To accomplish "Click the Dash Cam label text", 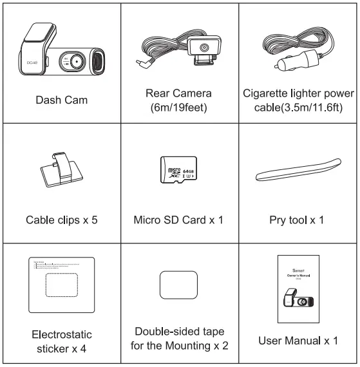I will point(61,100).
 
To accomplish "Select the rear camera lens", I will point(203,49).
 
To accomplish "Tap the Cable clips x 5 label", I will point(61,220).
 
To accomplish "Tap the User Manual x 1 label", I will point(299,339).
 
